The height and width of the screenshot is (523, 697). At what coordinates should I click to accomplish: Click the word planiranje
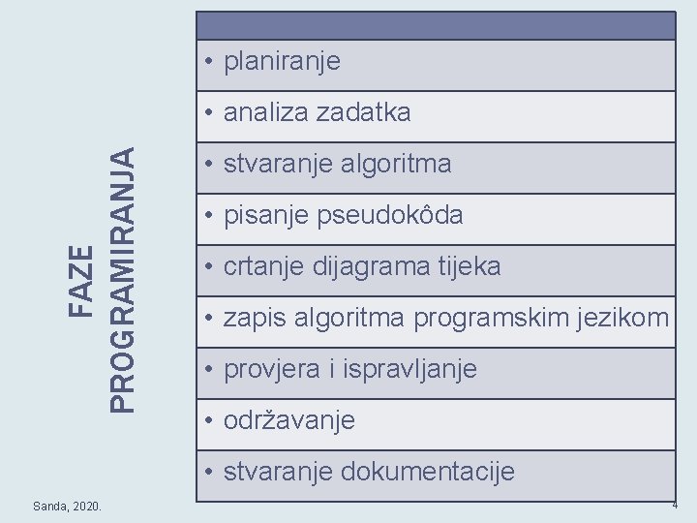click(x=282, y=62)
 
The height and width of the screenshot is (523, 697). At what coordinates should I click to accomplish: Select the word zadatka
click(x=363, y=112)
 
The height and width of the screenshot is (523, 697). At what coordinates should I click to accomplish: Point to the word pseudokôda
click(x=390, y=215)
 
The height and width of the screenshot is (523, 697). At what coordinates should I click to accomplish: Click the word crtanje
click(x=264, y=266)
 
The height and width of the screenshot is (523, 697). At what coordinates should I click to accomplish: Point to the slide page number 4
click(x=675, y=506)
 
